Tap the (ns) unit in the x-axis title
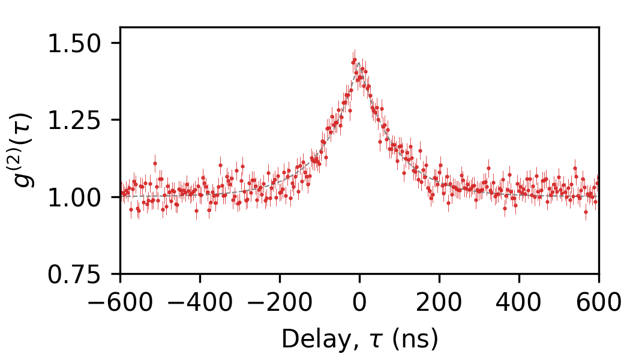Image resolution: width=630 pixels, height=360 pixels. coord(415,340)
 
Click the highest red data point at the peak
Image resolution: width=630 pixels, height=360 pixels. coord(354,60)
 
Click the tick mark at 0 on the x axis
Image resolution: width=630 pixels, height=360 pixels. coord(359,277)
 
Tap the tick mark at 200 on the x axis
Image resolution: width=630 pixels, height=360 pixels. coord(439,277)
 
